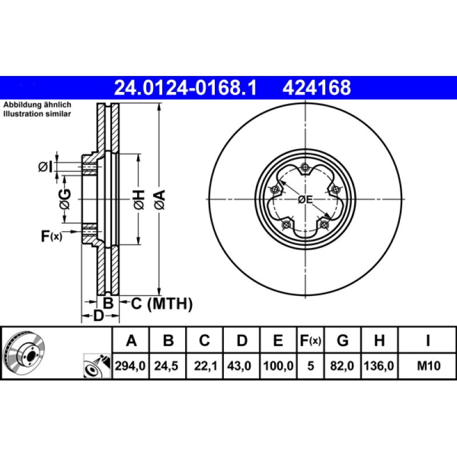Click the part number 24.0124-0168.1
tap(186, 87)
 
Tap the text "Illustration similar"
tap(38, 114)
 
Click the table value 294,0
tap(131, 365)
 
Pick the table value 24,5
tap(168, 365)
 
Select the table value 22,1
tap(205, 365)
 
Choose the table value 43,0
tap(242, 365)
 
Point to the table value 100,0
tap(278, 365)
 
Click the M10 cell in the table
tap(427, 365)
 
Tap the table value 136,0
tap(379, 365)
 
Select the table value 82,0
tap(343, 365)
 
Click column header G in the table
tap(343, 341)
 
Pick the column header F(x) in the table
tap(311, 341)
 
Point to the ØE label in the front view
tap(306, 200)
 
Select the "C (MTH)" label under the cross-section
tap(162, 304)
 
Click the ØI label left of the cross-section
tap(45, 167)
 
